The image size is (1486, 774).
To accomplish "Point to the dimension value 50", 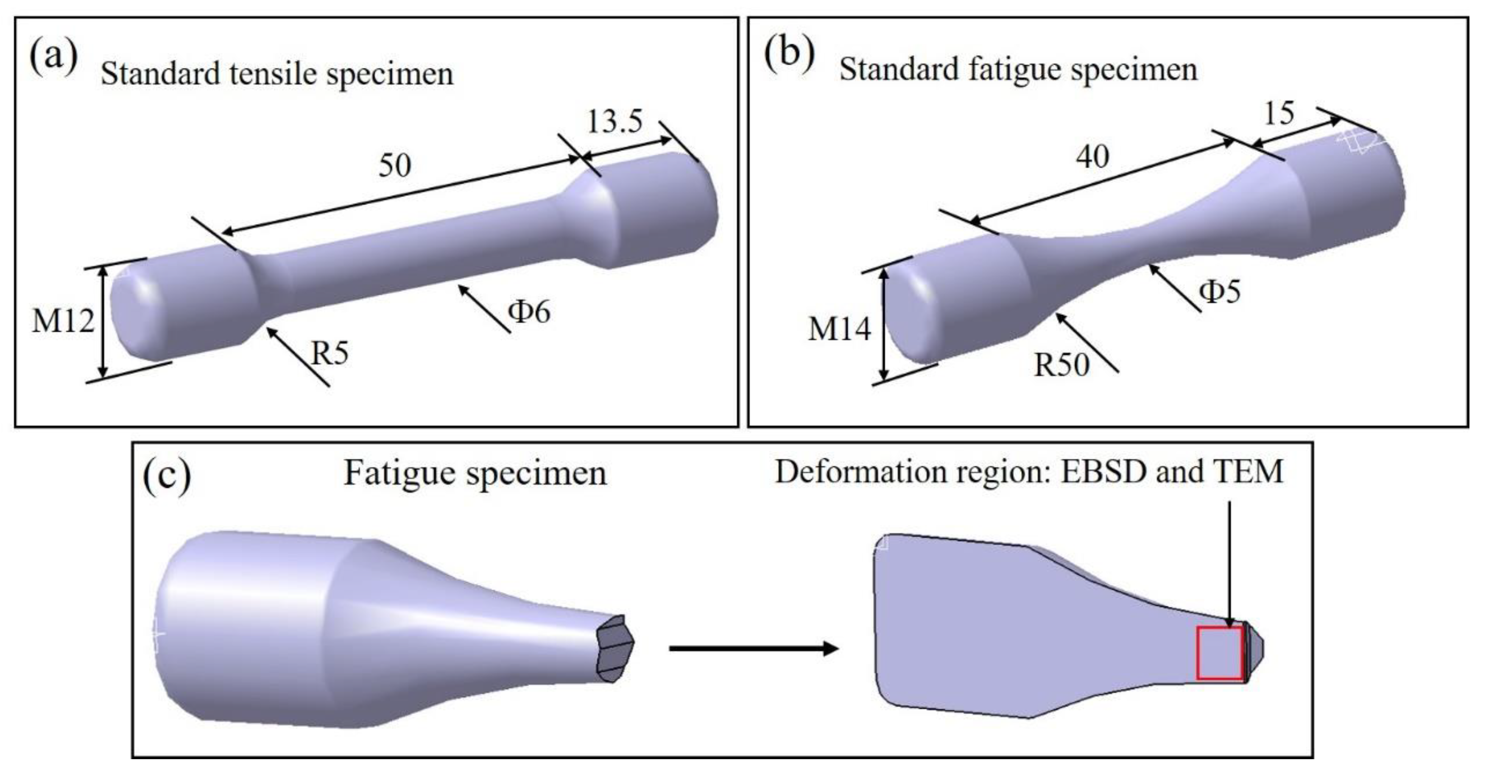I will [x=395, y=166].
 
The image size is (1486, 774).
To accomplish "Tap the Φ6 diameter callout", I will [x=529, y=312].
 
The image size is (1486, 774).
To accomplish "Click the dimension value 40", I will [x=1092, y=157].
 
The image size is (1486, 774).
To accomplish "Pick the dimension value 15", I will [x=1279, y=114].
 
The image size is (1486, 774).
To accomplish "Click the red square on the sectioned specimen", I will [x=1219, y=669].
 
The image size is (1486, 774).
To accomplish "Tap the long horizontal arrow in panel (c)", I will [x=753, y=649].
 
